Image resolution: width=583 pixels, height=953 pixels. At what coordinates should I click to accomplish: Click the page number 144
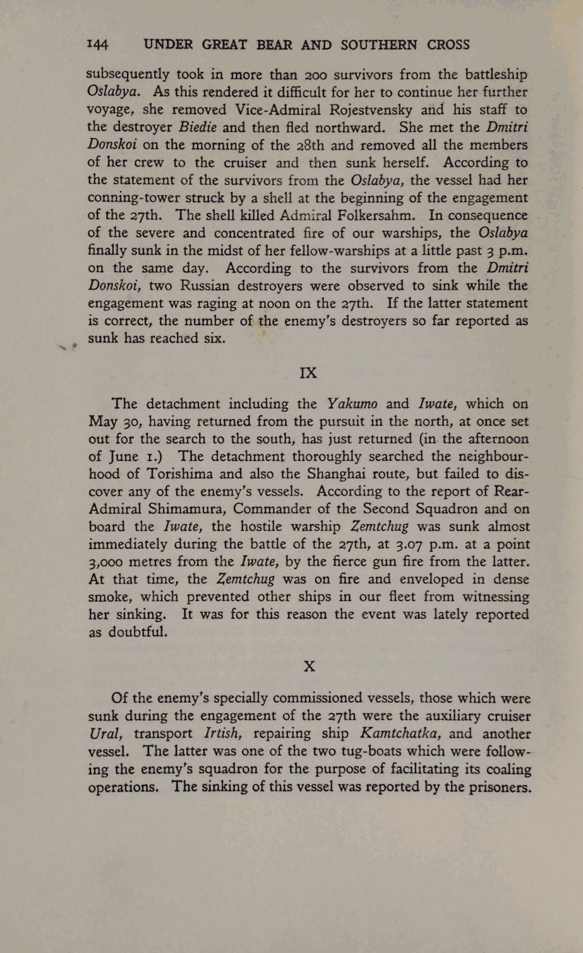point(98,45)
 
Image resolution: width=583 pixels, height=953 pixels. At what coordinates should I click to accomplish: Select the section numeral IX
point(308,372)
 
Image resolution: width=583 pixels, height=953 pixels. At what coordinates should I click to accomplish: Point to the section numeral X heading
point(309,666)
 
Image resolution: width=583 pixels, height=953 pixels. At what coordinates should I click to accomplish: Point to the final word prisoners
point(495,786)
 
